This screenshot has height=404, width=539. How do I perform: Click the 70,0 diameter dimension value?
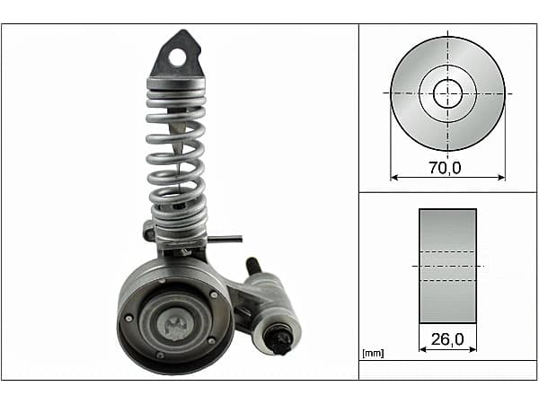[x=445, y=168]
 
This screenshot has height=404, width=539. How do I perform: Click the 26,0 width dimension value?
[x=447, y=339]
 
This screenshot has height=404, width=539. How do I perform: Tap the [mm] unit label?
[x=373, y=353]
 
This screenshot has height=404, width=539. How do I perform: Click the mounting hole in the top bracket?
[x=177, y=57]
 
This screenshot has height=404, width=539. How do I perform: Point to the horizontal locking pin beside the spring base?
[x=225, y=239]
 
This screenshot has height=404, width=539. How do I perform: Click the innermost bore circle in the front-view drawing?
[x=447, y=93]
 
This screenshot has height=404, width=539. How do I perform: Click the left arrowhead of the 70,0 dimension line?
[x=394, y=178]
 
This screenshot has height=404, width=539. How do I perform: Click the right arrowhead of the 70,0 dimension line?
[x=501, y=178]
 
